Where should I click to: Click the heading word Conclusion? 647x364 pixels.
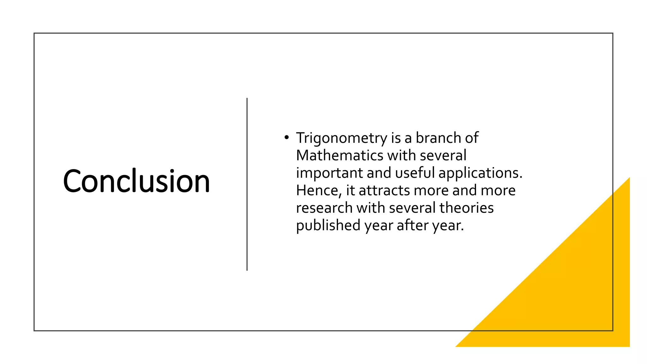click(x=136, y=181)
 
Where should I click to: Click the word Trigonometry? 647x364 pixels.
click(x=342, y=138)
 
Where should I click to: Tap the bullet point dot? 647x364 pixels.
click(x=286, y=137)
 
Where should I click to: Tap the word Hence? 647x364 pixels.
click(x=319, y=191)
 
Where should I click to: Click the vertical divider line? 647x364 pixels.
click(x=247, y=184)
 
